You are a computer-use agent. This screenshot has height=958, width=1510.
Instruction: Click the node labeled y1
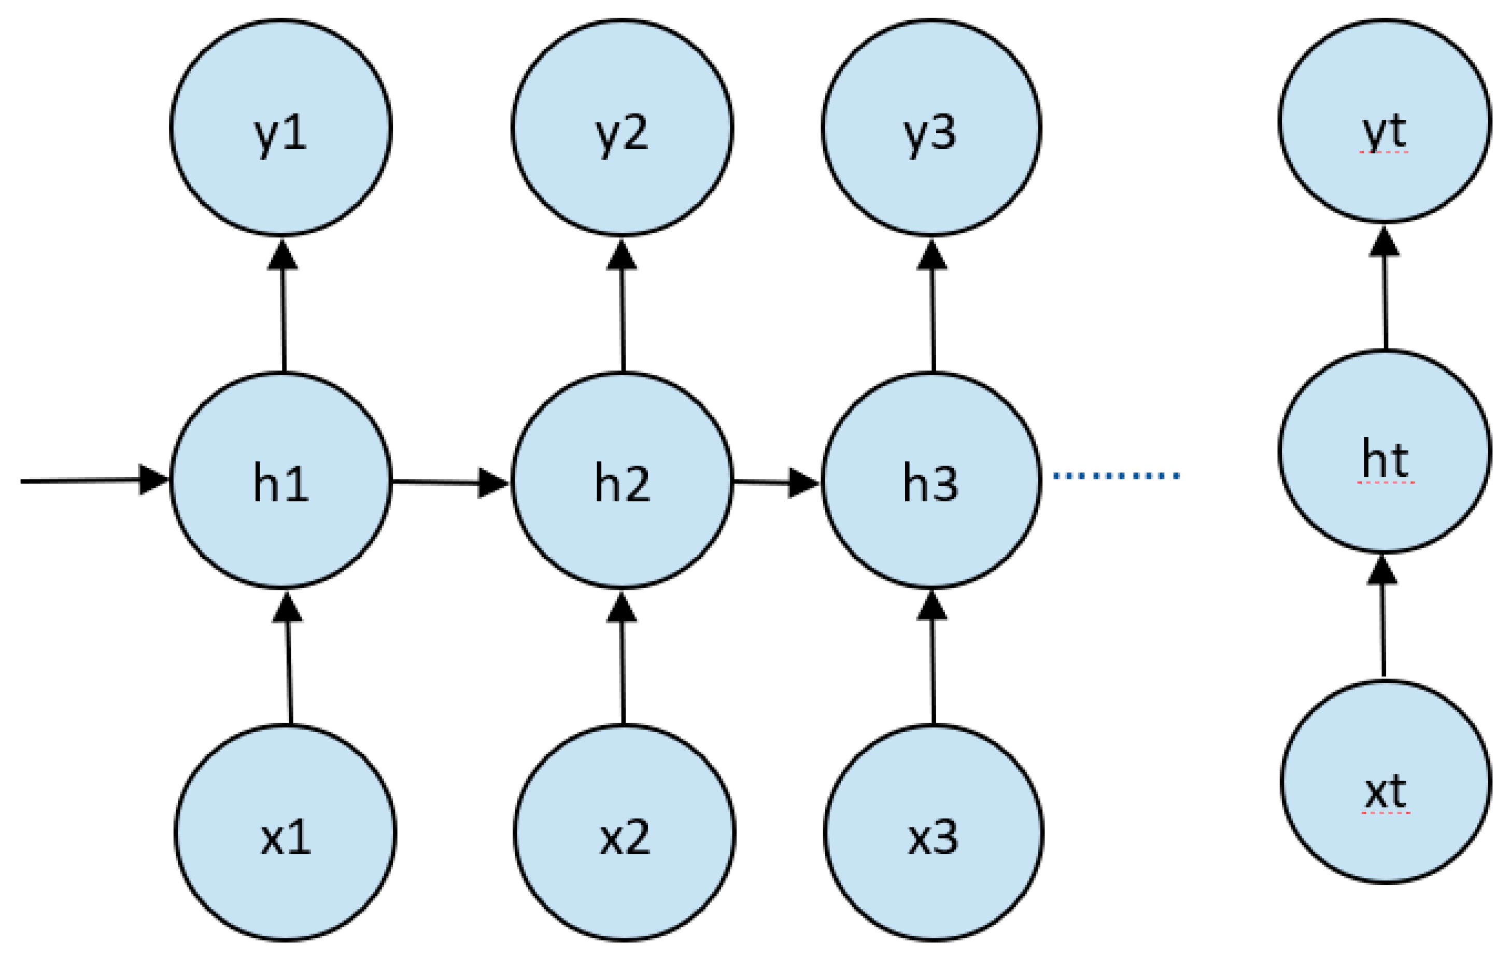281,128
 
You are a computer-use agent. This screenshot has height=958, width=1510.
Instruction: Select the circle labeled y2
622,128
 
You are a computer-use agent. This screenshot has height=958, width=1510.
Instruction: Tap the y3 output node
932,128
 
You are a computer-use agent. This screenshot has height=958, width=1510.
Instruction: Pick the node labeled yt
1385,121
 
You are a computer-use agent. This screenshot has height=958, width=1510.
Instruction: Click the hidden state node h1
281,480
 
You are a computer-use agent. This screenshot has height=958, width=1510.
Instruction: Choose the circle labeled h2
622,480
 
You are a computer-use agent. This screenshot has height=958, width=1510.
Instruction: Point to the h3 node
932,480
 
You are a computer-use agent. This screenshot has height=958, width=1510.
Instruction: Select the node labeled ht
1385,452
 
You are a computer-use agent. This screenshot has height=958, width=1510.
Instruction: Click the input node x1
285,833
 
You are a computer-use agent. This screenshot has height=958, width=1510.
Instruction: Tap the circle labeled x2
625,833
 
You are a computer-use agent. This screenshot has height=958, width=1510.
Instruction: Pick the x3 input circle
934,833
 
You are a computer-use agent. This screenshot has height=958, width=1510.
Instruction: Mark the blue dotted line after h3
1116,476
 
